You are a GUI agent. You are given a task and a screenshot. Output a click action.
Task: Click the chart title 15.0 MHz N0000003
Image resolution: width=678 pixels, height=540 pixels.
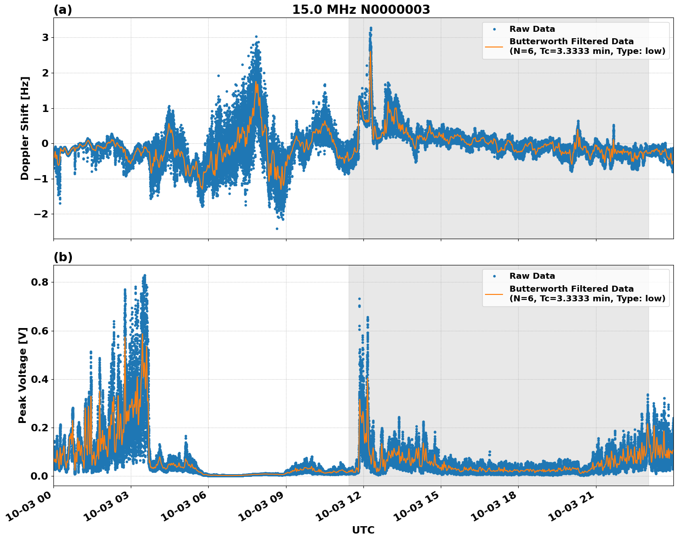(361, 10)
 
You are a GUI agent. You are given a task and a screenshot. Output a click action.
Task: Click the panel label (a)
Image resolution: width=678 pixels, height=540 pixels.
(63, 10)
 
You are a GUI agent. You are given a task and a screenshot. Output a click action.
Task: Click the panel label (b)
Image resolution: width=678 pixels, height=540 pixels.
(63, 257)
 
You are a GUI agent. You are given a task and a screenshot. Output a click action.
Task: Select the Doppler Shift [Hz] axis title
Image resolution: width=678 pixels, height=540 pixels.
(25, 128)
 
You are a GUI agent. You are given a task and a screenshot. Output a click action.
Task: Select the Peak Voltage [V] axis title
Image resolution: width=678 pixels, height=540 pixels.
(23, 375)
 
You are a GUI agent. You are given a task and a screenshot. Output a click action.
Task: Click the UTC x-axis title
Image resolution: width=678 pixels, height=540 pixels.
(363, 530)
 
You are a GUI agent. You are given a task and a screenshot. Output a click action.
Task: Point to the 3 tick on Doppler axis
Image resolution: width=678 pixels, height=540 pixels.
(45, 37)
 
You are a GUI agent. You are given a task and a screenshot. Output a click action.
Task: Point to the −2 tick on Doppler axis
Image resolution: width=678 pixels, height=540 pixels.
(41, 214)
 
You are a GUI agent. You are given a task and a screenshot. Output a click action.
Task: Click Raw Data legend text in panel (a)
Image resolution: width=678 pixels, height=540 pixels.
(532, 29)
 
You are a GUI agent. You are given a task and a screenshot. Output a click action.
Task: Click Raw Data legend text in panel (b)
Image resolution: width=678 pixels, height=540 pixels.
(532, 276)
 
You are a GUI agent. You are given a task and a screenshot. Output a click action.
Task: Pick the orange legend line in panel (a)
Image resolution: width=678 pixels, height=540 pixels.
(494, 46)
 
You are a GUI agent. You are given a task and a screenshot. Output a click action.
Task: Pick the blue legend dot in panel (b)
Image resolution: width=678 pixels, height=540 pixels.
(494, 276)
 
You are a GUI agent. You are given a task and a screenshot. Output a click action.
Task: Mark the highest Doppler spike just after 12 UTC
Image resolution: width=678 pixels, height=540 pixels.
(371, 28)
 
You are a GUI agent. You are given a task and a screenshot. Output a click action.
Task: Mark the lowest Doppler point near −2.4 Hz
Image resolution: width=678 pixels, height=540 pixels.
(277, 229)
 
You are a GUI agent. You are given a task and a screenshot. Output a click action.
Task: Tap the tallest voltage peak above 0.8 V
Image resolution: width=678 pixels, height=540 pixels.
(145, 276)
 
